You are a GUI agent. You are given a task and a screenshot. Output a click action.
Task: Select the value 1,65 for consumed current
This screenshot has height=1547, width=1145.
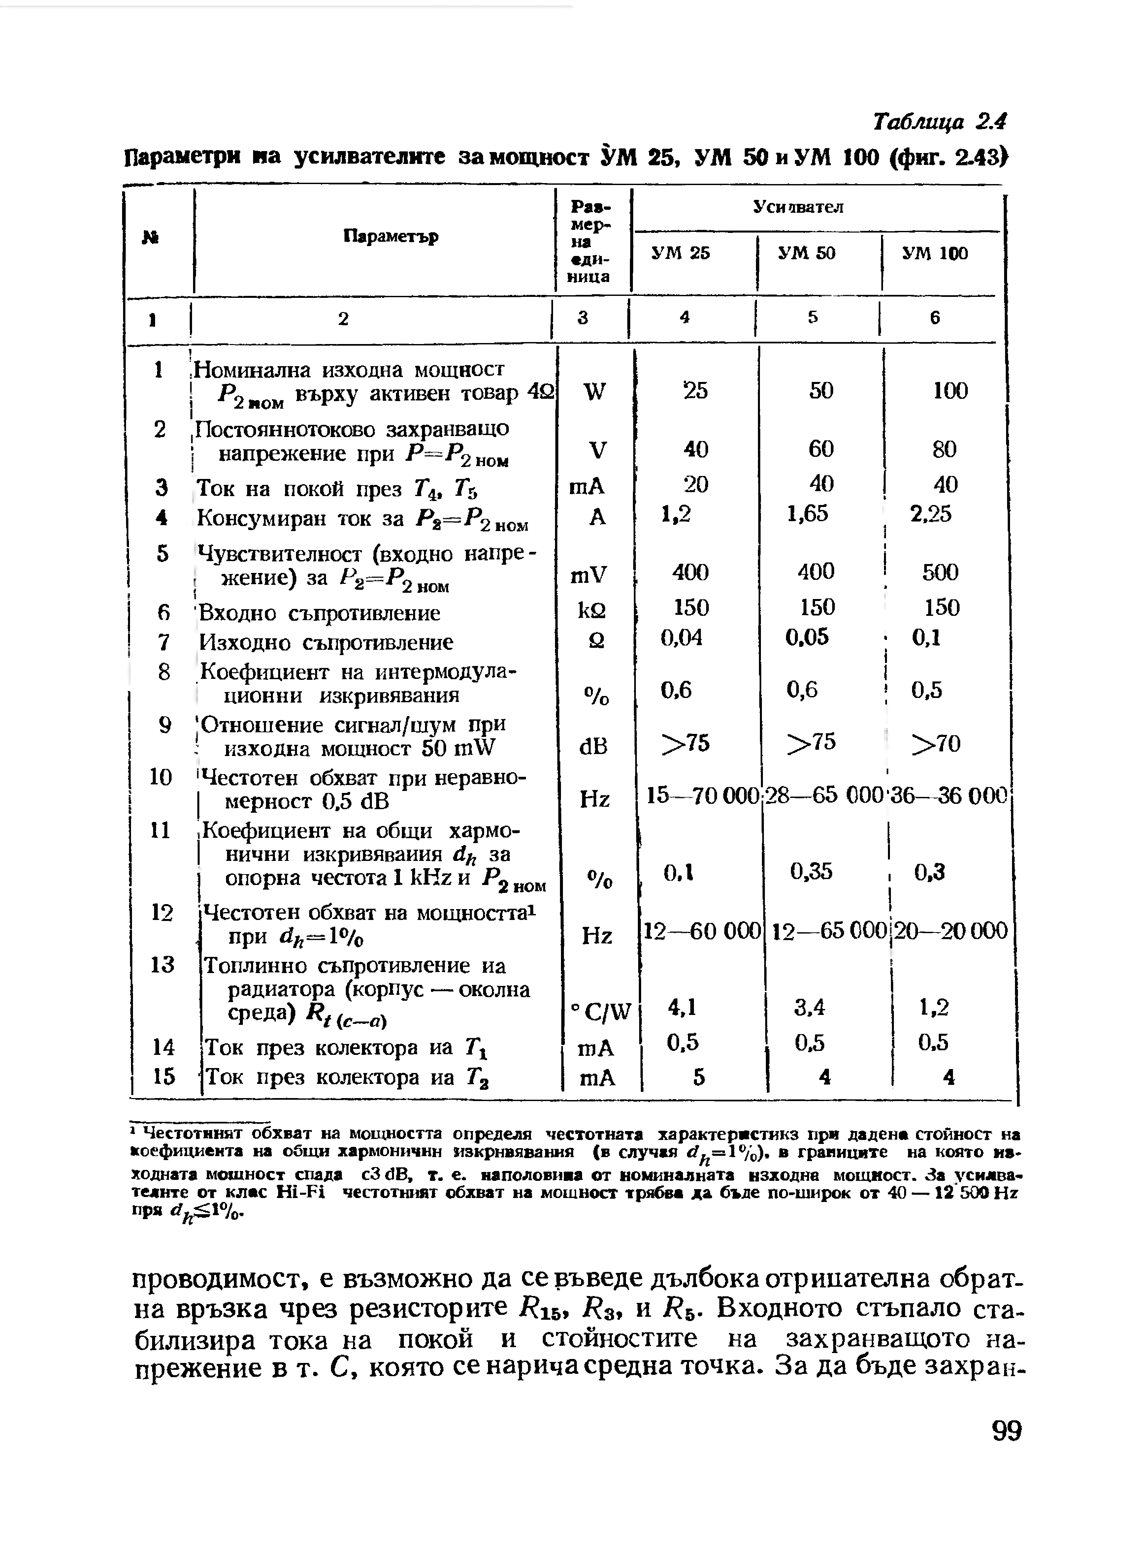point(807,513)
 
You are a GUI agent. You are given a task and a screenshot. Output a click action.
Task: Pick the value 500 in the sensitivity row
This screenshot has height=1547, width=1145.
point(940,572)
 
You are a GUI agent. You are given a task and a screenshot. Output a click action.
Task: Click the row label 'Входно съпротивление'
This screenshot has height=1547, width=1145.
point(319,614)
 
